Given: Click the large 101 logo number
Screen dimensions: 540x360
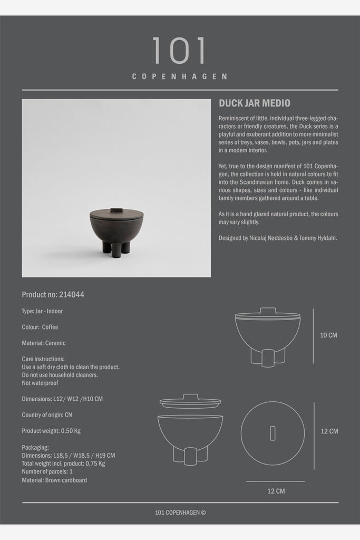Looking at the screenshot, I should coord(179,51).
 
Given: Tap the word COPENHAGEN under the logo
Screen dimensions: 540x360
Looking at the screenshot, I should coord(179,76).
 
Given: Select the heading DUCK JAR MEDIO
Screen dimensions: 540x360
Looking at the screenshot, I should coord(255,103).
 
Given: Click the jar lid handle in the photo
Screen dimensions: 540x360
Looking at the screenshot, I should coord(116,210).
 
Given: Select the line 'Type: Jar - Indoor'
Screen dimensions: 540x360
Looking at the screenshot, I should coord(42,311).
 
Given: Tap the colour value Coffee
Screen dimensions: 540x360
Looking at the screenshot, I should coord(50,327).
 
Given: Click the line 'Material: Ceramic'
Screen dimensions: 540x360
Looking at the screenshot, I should coord(44,343).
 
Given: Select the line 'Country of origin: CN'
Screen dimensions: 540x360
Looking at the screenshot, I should coord(47,415).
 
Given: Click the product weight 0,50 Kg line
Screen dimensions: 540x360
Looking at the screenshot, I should coord(51,431).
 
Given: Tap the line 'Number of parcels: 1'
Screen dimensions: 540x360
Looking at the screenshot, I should coord(47,471).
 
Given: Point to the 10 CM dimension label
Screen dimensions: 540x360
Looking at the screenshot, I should coord(328,335).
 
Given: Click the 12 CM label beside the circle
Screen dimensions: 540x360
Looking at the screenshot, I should coord(329,431).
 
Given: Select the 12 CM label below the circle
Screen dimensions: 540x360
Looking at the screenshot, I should coord(275,491).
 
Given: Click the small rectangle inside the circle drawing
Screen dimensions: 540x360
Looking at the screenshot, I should coord(273,433).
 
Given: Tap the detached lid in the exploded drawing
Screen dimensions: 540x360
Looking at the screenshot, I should coord(190,402).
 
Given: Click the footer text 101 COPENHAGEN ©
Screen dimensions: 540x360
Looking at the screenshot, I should coord(179,512).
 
